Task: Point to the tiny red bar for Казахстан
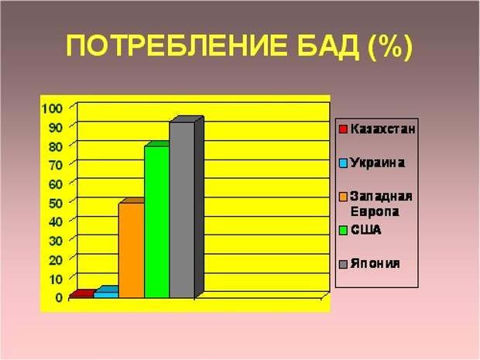coord(81,294)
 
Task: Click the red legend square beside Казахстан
coord(343,129)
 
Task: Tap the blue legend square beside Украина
coord(343,163)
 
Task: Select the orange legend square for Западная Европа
coord(343,197)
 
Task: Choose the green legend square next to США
coord(343,230)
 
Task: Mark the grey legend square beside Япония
coord(343,264)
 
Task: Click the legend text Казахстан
coord(382,129)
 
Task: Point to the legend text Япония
coord(375,263)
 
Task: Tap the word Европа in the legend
coord(375,212)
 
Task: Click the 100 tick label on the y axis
coord(52,108)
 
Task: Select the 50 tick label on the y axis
coord(56,203)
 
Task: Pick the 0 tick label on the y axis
coord(59,297)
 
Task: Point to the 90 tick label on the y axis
coord(56,127)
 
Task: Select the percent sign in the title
coord(389,46)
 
